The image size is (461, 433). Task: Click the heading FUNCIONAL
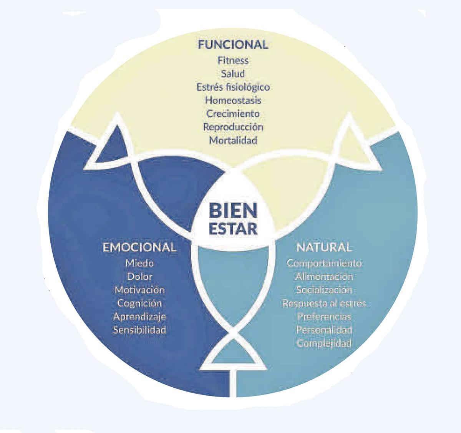(x=233, y=44)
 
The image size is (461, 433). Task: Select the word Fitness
(x=233, y=60)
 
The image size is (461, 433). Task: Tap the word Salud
(x=233, y=73)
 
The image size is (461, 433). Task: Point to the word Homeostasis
(x=233, y=100)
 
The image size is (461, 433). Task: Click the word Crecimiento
(x=233, y=114)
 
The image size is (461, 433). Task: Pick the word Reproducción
(x=233, y=127)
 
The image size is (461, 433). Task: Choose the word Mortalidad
(x=233, y=140)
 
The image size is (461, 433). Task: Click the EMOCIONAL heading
(x=139, y=247)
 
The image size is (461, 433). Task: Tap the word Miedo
(x=139, y=264)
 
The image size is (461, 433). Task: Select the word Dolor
(x=139, y=277)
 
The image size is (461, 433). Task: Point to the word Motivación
(x=139, y=290)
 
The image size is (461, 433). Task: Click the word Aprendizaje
(x=139, y=317)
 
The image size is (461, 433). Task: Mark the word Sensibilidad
(x=139, y=330)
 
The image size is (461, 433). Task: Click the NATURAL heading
(x=324, y=247)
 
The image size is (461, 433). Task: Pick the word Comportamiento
(x=324, y=264)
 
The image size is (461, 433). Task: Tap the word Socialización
(x=324, y=290)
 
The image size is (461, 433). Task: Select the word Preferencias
(x=324, y=317)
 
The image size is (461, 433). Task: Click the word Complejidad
(x=324, y=343)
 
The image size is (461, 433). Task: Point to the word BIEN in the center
(x=233, y=211)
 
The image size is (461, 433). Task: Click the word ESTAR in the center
(x=233, y=229)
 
